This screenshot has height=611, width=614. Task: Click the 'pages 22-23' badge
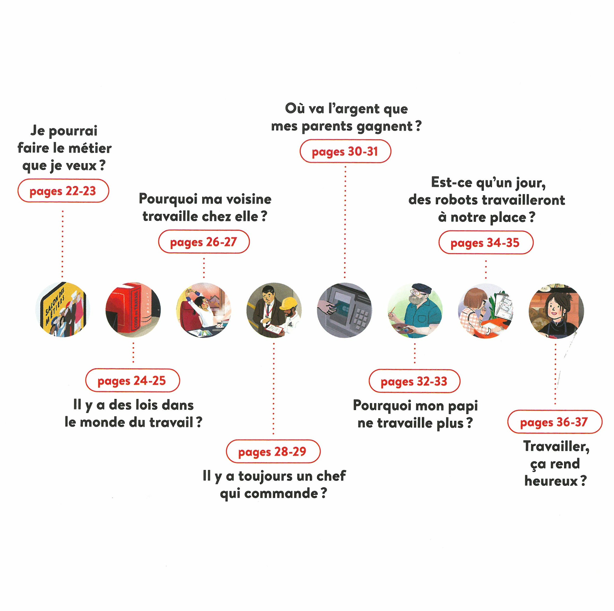pyautogui.click(x=63, y=191)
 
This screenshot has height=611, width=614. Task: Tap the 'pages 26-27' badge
pyautogui.click(x=204, y=242)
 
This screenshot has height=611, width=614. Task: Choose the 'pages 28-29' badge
pyautogui.click(x=273, y=451)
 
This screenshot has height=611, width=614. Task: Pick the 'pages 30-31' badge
pyautogui.click(x=345, y=151)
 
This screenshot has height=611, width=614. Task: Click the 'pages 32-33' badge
pyautogui.click(x=414, y=381)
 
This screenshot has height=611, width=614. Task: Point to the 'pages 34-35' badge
pyautogui.click(x=486, y=242)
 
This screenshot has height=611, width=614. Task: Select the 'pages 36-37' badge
pyautogui.click(x=555, y=422)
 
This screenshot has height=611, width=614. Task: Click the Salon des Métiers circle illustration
pyautogui.click(x=63, y=309)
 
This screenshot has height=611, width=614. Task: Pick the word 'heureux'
pyautogui.click(x=551, y=481)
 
